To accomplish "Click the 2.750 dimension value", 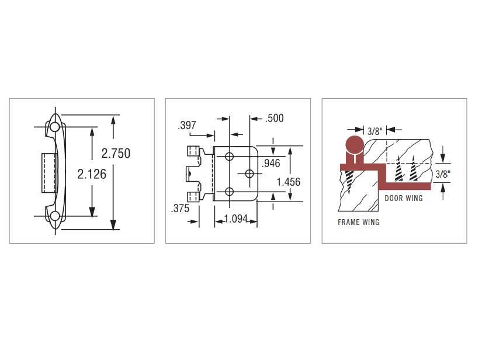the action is tap(116, 153).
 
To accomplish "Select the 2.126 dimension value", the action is tap(92, 174).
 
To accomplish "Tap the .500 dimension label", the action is tap(275, 118).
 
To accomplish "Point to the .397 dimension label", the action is tap(187, 126).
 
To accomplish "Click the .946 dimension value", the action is tap(271, 163).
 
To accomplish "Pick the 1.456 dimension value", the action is tap(289, 182).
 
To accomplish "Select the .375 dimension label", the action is tap(180, 209).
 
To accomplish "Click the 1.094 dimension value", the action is tap(236, 219).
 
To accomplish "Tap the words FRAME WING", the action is tap(358, 222).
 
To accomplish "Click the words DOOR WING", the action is tap(404, 198).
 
